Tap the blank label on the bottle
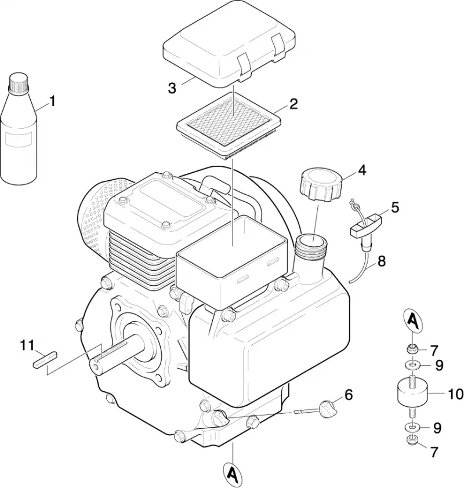19,139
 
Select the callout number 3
172,88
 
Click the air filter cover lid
229,43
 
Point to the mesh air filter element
229,125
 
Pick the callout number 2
293,104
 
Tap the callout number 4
362,170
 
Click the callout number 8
381,261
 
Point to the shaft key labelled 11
45,359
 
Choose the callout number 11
27,345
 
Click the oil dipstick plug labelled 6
327,409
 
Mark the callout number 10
456,394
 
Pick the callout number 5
395,207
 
